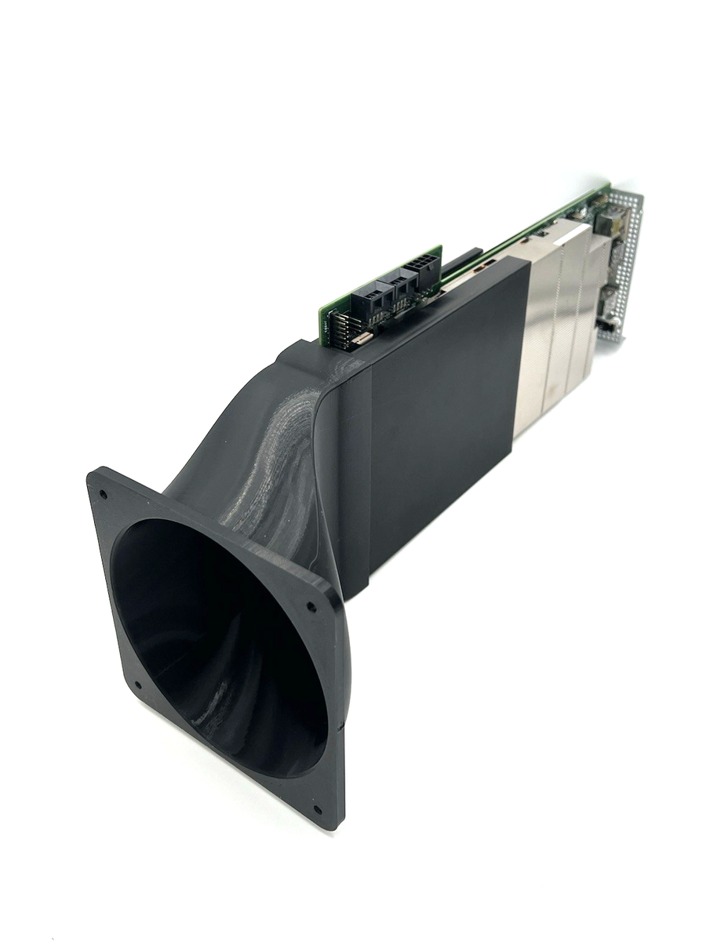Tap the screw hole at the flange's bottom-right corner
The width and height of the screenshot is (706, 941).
317,809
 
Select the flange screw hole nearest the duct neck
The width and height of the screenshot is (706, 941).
311,606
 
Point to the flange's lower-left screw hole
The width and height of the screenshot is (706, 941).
138,684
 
